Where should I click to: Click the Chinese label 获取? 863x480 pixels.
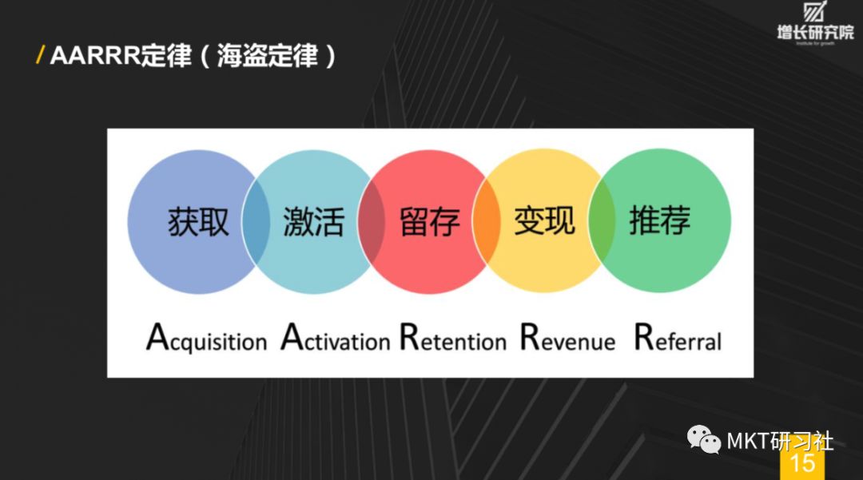(198, 221)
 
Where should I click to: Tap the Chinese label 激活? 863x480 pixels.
(313, 221)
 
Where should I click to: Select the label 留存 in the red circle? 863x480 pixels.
(430, 221)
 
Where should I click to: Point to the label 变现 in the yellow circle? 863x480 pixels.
(544, 220)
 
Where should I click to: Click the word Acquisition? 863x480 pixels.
(206, 339)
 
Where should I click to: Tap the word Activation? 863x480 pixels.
(336, 339)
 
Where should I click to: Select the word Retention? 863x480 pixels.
(453, 339)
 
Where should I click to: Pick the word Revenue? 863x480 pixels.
(567, 339)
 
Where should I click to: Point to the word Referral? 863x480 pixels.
(678, 339)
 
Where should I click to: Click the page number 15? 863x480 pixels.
(801, 463)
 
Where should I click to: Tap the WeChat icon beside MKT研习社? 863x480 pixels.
(706, 440)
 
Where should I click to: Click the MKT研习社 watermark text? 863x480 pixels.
(779, 441)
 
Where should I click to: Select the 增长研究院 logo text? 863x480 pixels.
(815, 33)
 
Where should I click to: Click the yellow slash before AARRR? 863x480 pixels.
(41, 56)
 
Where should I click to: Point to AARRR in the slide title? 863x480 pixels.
(94, 57)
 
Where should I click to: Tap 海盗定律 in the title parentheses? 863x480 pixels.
(267, 57)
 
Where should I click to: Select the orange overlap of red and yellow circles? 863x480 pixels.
(486, 220)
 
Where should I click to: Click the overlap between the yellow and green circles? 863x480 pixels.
(602, 220)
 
